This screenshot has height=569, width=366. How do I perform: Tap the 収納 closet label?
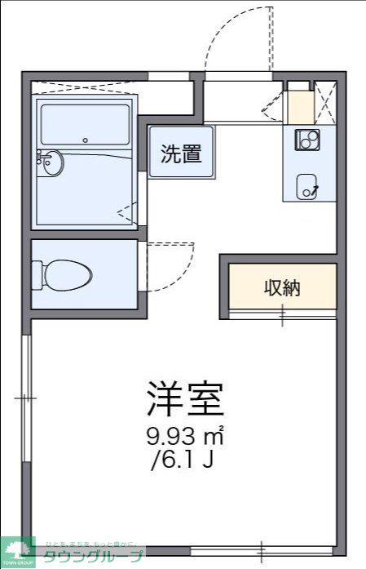(282, 287)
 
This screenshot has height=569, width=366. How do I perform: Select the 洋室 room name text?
(185, 399)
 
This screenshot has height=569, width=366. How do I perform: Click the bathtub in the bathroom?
(85, 124)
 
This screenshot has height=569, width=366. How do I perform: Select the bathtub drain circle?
(85, 140)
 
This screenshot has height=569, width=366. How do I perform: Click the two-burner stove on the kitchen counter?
(307, 140)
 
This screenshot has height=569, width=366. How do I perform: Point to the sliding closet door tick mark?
(283, 313)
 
